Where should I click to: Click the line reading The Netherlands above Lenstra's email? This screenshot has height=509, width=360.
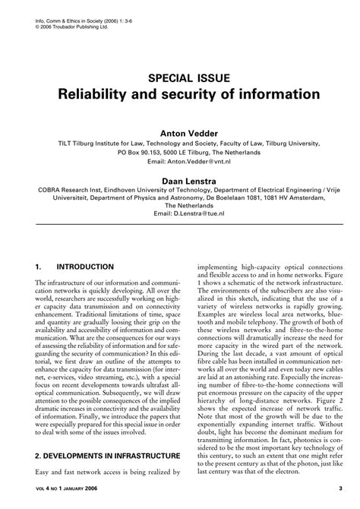180,204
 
